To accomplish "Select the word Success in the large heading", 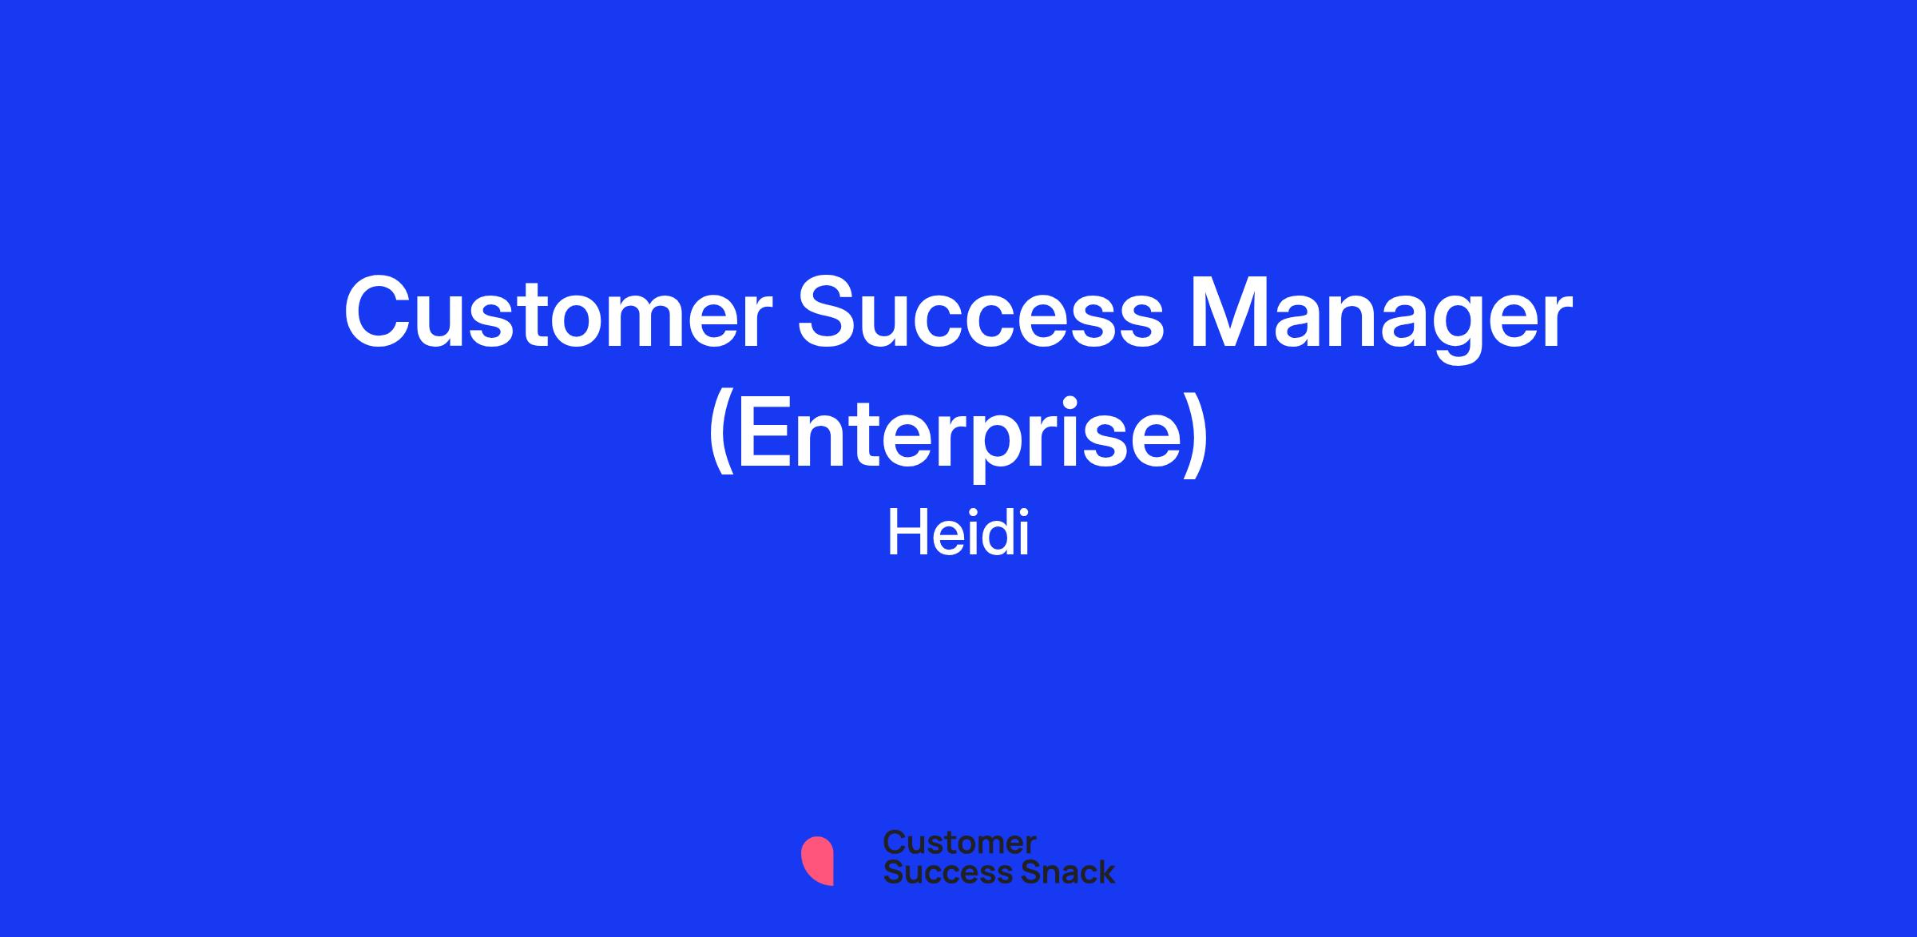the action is pyautogui.click(x=982, y=314).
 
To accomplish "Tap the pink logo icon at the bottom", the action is pyautogui.click(x=817, y=860).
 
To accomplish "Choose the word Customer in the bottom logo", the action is pyautogui.click(x=959, y=842).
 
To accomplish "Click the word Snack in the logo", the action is pyautogui.click(x=1058, y=871).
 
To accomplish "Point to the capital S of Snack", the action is pyautogui.click(x=1011, y=871).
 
